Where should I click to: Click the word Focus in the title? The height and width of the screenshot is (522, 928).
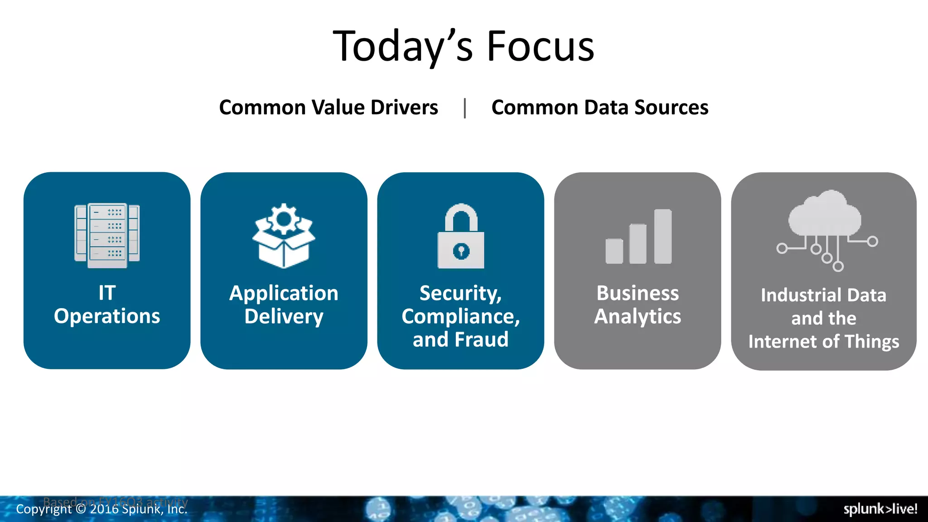tap(540, 46)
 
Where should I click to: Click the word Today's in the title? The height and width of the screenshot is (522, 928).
tap(403, 46)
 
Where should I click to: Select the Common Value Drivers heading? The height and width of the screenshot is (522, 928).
tap(329, 107)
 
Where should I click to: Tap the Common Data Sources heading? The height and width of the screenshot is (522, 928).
tap(599, 107)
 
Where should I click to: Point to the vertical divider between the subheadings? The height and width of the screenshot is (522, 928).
tap(465, 108)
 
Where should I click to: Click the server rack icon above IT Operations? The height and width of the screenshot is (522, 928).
tap(107, 235)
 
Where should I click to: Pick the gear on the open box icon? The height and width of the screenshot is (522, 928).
tap(284, 219)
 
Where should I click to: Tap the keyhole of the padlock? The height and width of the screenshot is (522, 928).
tap(461, 251)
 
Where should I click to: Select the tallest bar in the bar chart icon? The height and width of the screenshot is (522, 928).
tap(663, 236)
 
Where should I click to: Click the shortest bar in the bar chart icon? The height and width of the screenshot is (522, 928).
tap(614, 251)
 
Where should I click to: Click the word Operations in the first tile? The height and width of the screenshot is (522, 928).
tap(107, 316)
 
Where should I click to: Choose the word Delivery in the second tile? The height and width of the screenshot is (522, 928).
tap(284, 316)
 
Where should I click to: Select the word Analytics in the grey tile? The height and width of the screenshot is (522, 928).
tap(638, 316)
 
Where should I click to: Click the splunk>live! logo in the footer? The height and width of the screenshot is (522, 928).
tap(880, 509)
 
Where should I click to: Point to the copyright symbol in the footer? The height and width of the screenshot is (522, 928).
tap(81, 509)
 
